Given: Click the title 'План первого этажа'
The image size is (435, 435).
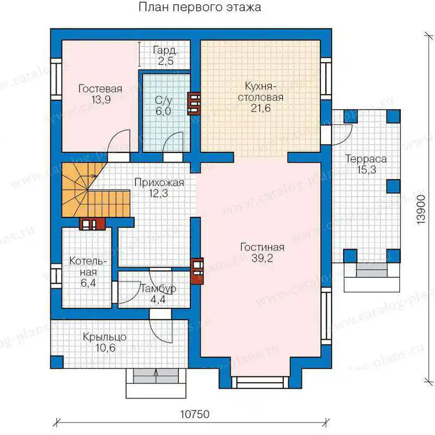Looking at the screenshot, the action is [x=200, y=8].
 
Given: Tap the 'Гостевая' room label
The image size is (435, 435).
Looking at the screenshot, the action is [x=100, y=89].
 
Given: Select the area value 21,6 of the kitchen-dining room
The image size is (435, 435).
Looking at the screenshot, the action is [x=260, y=108].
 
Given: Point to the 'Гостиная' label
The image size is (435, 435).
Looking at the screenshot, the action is [x=262, y=247].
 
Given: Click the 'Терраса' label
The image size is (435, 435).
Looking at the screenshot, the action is [x=365, y=159].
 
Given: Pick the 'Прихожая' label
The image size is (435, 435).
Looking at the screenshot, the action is [x=159, y=183].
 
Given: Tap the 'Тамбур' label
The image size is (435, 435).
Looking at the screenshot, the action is [x=158, y=289].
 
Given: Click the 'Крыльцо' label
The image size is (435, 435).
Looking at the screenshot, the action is [x=104, y=337].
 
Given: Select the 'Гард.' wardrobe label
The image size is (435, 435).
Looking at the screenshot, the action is [x=165, y=50].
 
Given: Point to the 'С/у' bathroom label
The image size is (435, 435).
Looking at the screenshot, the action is [x=163, y=100].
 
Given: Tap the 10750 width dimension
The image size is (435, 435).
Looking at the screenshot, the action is [x=195, y=414].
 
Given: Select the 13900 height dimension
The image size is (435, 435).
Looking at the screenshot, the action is [x=420, y=209].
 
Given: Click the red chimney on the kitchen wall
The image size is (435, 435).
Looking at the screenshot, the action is [x=194, y=103].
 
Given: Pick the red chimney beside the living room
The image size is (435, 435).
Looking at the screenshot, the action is [x=197, y=271].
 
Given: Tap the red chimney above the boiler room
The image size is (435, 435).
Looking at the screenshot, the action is [x=92, y=224].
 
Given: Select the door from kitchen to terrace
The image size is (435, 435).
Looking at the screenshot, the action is [x=341, y=134].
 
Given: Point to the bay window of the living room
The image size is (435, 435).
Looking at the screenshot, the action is [x=260, y=382].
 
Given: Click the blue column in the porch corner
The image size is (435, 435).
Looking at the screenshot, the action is [x=57, y=362].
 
